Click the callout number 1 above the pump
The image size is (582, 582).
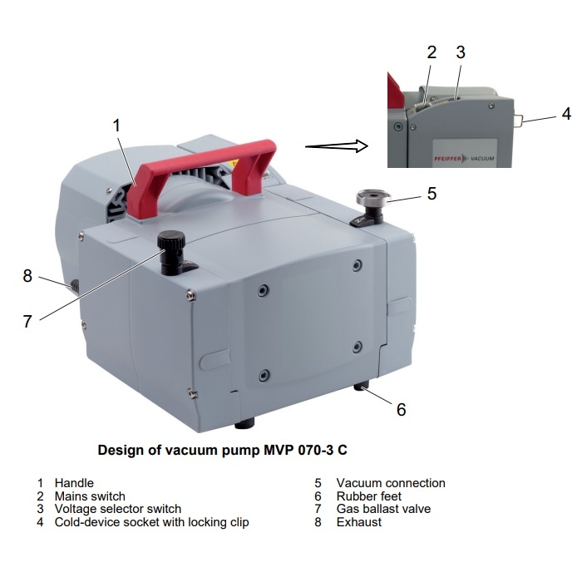116,126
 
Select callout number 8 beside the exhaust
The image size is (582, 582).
27,276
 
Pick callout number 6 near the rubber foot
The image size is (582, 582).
402,409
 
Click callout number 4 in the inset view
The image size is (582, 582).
566,114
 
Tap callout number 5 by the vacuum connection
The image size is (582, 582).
432,194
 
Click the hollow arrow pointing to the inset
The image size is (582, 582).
337,145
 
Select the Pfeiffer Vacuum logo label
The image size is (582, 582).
465,159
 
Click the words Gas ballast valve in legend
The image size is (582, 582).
383,509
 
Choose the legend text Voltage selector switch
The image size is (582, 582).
118,509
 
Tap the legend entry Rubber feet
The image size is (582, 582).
369,496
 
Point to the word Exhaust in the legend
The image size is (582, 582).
359,522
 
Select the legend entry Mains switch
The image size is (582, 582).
90,496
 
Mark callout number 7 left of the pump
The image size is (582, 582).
27,322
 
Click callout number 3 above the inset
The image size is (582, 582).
461,52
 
